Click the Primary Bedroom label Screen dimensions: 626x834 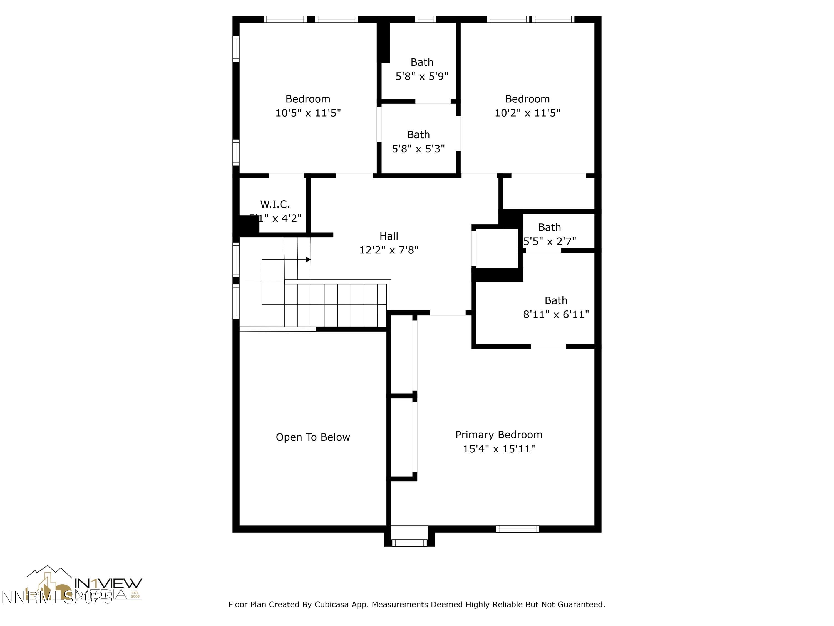coord(498,435)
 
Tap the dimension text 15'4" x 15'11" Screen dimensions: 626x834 coord(498,449)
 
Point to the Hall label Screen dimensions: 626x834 coord(389,236)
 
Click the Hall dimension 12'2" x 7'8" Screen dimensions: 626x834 coord(389,250)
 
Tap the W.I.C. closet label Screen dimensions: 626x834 coord(275,204)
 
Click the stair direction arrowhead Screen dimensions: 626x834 coord(308,260)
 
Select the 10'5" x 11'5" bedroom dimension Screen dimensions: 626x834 coord(308,113)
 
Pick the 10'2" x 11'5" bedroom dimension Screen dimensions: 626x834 coord(527,113)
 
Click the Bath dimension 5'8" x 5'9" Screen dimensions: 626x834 coord(421,76)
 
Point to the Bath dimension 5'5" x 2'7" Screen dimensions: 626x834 coord(549,241)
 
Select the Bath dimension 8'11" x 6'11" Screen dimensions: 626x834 coord(556,314)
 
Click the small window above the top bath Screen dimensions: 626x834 coord(425,19)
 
